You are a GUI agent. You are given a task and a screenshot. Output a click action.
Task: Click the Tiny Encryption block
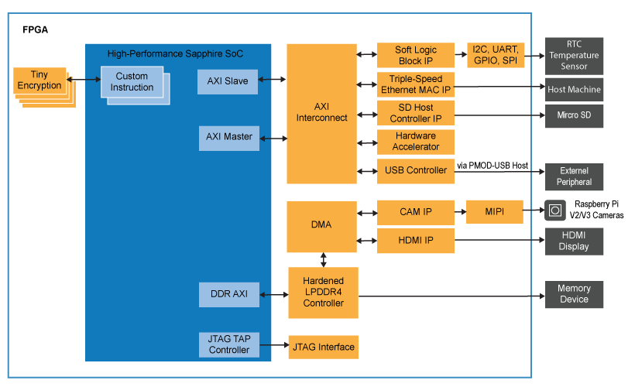(39, 80)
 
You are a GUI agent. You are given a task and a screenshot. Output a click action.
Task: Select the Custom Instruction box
(132, 82)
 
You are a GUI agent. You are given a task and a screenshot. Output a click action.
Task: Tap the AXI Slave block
(228, 80)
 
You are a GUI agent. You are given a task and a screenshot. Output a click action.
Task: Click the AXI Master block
(229, 137)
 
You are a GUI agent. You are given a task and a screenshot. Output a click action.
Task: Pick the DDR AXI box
(229, 294)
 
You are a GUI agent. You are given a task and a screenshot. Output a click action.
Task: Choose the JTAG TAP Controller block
(229, 344)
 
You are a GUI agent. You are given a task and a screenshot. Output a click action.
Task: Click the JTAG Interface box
(323, 347)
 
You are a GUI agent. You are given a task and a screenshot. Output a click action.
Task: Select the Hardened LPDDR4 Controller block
(323, 292)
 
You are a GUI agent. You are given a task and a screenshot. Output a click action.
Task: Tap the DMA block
(321, 225)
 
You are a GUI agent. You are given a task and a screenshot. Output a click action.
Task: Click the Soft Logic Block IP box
(415, 55)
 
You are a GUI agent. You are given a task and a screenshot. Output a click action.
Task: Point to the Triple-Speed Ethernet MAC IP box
(415, 84)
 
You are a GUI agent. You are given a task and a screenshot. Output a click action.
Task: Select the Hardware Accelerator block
(415, 142)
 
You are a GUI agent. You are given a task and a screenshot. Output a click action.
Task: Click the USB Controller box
(415, 170)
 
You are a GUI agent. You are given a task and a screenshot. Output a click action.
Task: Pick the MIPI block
(494, 212)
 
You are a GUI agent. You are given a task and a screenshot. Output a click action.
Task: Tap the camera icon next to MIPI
(555, 211)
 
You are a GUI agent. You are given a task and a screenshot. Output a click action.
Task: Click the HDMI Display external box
(574, 241)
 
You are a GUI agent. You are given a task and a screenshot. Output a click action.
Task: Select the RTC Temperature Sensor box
(574, 56)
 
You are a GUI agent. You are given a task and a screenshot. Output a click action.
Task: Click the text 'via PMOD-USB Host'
(493, 166)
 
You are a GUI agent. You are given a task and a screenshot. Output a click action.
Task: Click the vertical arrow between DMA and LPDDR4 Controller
(323, 259)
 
